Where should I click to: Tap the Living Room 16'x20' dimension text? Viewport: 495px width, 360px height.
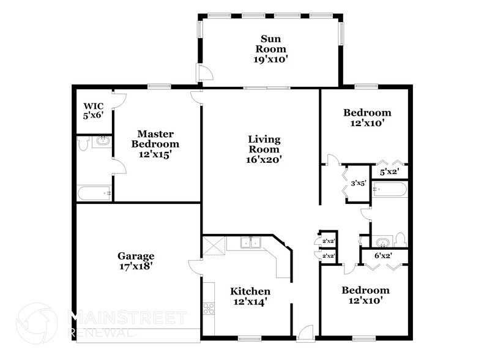click(264, 160)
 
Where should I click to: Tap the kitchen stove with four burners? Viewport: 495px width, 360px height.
click(209, 309)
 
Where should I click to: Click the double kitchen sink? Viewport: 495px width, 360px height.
click(250, 243)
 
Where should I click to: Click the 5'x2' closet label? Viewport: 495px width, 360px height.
click(390, 173)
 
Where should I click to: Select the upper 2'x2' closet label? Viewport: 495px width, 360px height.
click(328, 240)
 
